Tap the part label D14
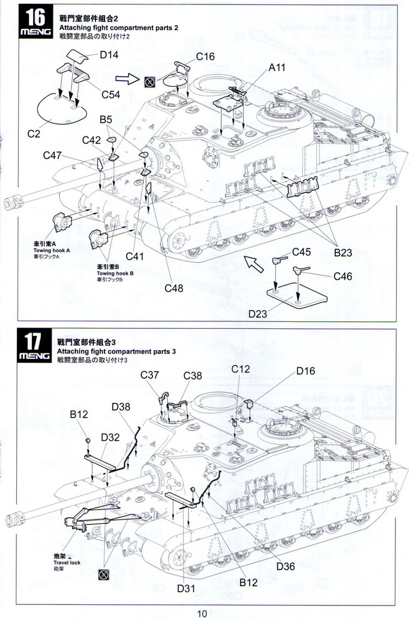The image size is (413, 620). [109, 55]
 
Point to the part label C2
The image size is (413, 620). [33, 134]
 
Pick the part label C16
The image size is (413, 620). [205, 57]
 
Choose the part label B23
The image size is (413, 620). [343, 252]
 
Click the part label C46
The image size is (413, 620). [344, 275]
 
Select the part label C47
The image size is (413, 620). [53, 155]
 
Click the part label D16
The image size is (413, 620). [306, 371]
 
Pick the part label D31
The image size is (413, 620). [186, 589]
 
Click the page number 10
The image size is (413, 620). [201, 614]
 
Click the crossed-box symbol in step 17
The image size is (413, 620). [101, 575]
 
